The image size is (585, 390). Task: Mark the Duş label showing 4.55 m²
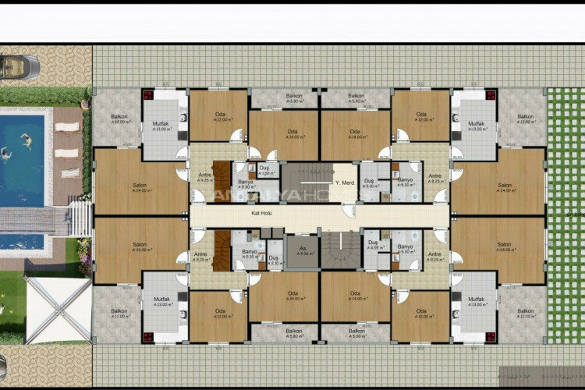(x=373, y=245)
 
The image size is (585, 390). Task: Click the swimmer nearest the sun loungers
(x=26, y=142)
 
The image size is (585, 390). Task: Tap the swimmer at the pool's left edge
(x=4, y=153)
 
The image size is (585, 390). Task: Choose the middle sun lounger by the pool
(x=68, y=153)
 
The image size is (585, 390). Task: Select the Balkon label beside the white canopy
(x=119, y=314)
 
